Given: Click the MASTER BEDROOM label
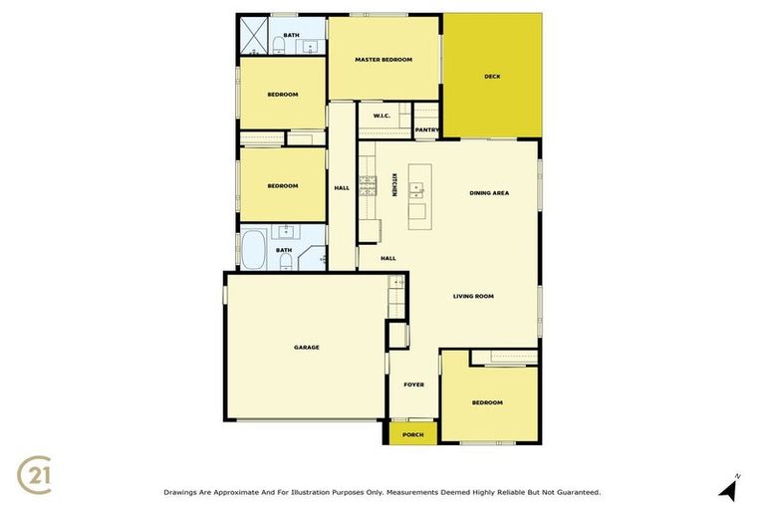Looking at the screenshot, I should [383, 60].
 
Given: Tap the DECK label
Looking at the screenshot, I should [491, 77].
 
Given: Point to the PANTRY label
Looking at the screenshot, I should [426, 129].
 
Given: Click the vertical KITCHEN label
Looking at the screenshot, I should [394, 185].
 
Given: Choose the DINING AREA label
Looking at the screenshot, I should [489, 192].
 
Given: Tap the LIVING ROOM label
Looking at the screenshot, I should [473, 296].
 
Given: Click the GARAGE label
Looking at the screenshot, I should [306, 347].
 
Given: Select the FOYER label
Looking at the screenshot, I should [413, 384].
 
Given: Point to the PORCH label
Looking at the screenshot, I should [412, 434].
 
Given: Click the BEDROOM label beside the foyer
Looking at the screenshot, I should [487, 402].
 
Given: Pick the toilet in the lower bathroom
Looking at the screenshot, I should [285, 261].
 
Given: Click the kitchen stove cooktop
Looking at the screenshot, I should [368, 185].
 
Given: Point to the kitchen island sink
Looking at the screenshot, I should [417, 184].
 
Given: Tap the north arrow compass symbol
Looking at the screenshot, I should [730, 487].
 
